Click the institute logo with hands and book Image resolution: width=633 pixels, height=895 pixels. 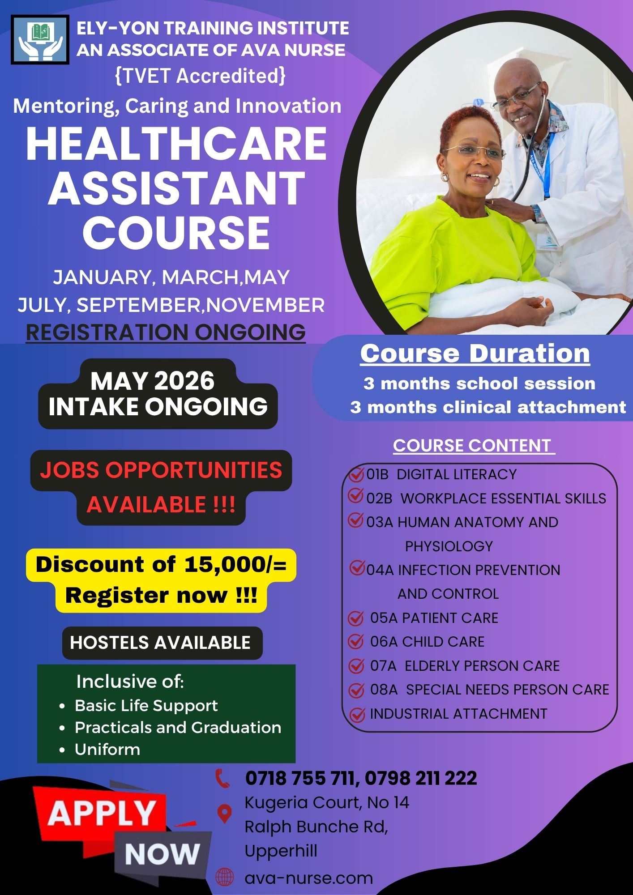click(x=40, y=40)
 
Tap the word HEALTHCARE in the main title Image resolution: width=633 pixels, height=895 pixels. click(x=176, y=145)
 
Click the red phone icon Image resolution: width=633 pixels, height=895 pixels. click(x=222, y=778)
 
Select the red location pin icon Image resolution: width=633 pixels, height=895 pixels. click(x=224, y=813)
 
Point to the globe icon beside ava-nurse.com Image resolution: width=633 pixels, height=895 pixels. click(x=225, y=878)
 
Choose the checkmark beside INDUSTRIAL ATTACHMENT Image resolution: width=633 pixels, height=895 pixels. click(x=357, y=715)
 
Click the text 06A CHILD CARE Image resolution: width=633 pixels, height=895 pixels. click(x=427, y=642)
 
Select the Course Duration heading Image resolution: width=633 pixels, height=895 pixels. click(x=475, y=354)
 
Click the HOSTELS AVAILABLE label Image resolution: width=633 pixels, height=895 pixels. click(x=160, y=643)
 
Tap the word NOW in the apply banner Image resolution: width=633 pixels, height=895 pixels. click(x=162, y=854)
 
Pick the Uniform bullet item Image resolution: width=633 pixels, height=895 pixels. click(x=107, y=749)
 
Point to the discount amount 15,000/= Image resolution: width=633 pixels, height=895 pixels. click(x=235, y=565)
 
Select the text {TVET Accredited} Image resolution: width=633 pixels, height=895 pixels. click(x=200, y=76)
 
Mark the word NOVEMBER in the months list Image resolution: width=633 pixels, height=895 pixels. click(x=265, y=305)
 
